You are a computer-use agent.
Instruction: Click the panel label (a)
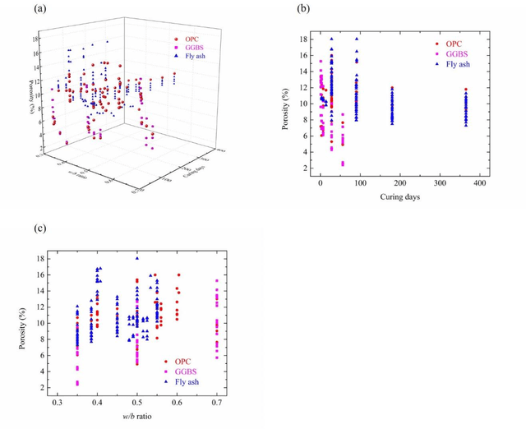pyautogui.click(x=39, y=9)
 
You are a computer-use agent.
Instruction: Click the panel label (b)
pyautogui.click(x=303, y=9)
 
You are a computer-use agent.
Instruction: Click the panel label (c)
pyautogui.click(x=39, y=228)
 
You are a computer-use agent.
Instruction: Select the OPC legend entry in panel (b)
pyautogui.click(x=453, y=43)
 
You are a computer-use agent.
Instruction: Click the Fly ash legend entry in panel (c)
pyautogui.click(x=191, y=382)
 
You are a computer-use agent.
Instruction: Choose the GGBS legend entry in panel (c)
pyautogui.click(x=189, y=371)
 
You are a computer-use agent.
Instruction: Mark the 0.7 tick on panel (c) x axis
pyautogui.click(x=217, y=404)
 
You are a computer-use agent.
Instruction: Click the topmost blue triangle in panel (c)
pyautogui.click(x=137, y=259)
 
